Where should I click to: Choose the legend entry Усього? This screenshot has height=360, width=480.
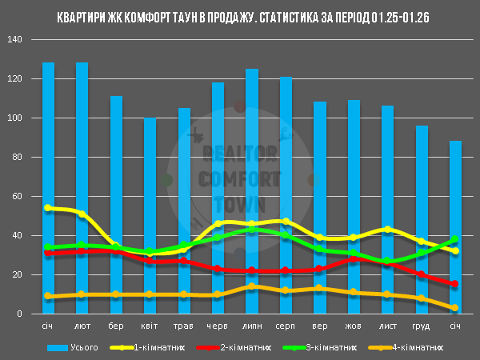point(85,348)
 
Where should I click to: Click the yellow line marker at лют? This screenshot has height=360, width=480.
point(82,214)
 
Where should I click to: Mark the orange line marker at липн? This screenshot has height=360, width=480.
point(252,286)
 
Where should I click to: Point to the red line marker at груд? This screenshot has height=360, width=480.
point(422,274)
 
